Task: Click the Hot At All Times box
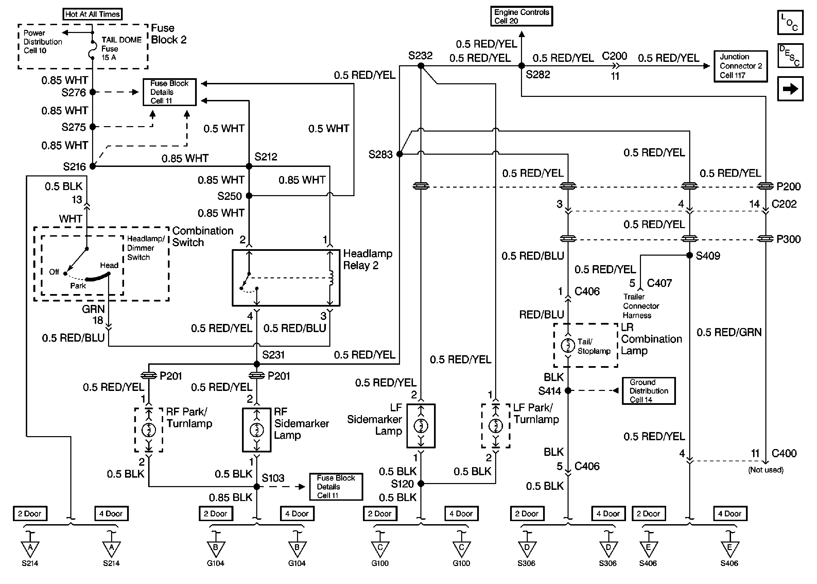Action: pos(92,14)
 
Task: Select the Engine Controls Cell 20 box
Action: pos(521,16)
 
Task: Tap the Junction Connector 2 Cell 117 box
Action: pos(741,66)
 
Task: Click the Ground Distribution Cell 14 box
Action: pos(648,391)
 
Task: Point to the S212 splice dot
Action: pos(249,166)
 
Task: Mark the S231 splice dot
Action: pos(257,364)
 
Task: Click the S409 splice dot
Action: pos(690,255)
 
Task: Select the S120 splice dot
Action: pos(421,484)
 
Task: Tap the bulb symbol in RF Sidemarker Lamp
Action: pos(257,429)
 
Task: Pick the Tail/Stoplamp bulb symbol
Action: pos(568,345)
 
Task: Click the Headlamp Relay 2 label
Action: pos(367,259)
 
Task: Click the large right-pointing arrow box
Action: pos(790,89)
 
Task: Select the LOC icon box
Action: pos(790,22)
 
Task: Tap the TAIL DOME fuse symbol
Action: pos(92,51)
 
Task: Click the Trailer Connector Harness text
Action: pos(641,306)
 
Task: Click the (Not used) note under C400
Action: pos(766,470)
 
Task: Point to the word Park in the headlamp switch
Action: pos(78,286)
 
